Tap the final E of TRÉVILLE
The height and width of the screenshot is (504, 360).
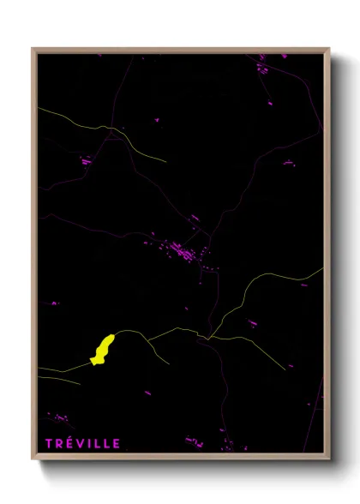[x=117, y=443]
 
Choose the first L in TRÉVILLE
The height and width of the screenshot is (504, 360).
[x=98, y=443]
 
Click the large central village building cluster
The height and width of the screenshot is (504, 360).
[x=183, y=251]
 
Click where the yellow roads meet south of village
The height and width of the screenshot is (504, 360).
[x=208, y=337]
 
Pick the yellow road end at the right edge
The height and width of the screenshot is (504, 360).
[x=321, y=269]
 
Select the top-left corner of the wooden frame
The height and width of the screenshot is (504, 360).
[x=34, y=50]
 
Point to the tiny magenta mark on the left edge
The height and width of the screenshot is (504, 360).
[x=54, y=303]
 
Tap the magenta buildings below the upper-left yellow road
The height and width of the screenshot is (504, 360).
[x=85, y=159]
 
